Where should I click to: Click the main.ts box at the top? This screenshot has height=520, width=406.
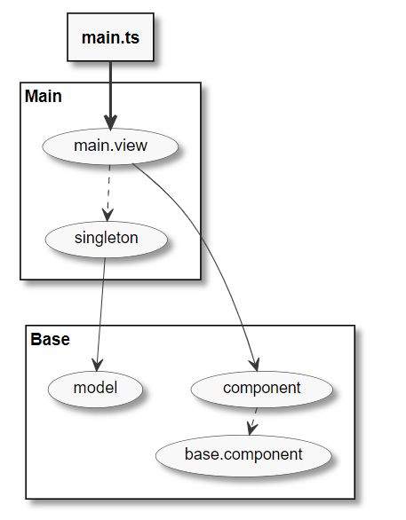[110, 37]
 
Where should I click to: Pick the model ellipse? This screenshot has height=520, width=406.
[96, 388]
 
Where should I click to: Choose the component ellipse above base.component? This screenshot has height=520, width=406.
[262, 388]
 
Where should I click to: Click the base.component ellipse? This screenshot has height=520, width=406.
[243, 454]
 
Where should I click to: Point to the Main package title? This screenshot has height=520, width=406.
[44, 96]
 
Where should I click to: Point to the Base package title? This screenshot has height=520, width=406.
[50, 339]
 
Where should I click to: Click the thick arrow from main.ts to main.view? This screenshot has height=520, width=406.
[110, 89]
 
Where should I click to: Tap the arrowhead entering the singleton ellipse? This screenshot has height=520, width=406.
[108, 213]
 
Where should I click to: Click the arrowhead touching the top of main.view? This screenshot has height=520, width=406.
[110, 122]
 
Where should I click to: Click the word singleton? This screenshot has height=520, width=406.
[107, 238]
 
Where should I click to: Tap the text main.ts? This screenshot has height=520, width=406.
[110, 37]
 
